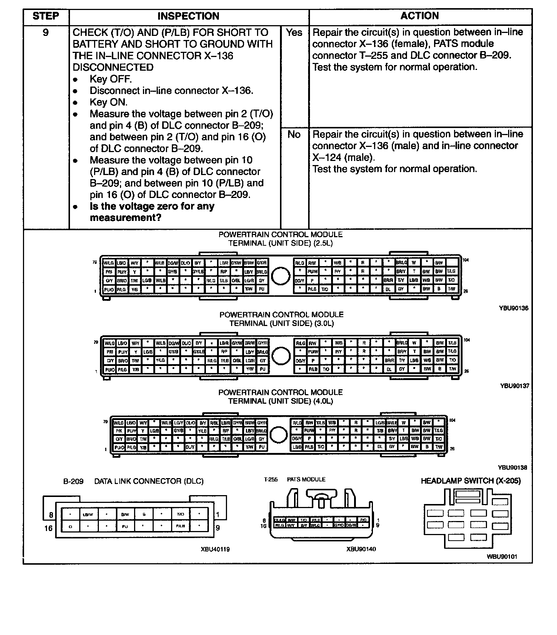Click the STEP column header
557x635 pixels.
point(46,16)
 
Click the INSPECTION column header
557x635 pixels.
point(188,16)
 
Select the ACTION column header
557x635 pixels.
point(420,16)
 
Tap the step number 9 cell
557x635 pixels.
point(46,33)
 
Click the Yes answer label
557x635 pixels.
point(294,33)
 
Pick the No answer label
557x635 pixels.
point(294,134)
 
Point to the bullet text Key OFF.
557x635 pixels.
point(110,79)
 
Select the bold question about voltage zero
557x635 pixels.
point(152,212)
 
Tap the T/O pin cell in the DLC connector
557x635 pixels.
point(181,514)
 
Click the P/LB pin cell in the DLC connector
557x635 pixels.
point(181,526)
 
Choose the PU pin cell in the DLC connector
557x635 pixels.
point(125,526)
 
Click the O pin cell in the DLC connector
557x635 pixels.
point(70,526)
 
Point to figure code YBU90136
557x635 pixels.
point(513,308)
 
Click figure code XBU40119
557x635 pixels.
point(215,549)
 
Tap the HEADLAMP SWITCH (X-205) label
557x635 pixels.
point(470,481)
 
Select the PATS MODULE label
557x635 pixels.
point(306,480)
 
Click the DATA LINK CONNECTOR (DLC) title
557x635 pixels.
point(149,481)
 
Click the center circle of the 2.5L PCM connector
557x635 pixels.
point(280,276)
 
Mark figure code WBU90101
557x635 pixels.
point(502,557)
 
